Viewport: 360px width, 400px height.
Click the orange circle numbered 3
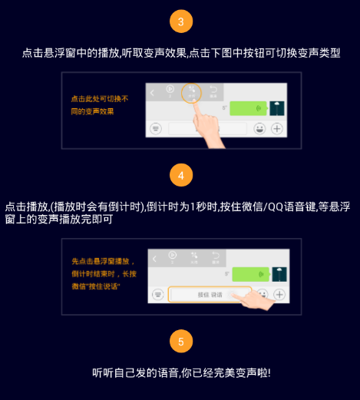(180, 21)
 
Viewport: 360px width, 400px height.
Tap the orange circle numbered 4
(180, 175)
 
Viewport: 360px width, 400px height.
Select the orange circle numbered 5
(180, 341)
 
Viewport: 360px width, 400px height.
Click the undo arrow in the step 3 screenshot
(213, 90)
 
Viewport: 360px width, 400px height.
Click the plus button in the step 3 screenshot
(276, 128)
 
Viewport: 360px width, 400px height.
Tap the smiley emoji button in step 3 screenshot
(259, 128)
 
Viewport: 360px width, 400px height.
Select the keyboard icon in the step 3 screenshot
(156, 128)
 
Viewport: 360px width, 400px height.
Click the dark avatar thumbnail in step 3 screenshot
(278, 108)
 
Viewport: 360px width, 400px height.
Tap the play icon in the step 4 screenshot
(172, 256)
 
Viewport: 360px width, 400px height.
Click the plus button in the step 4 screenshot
(279, 294)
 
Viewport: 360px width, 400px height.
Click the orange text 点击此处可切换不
(99, 99)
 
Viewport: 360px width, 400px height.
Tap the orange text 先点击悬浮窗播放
(102, 261)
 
